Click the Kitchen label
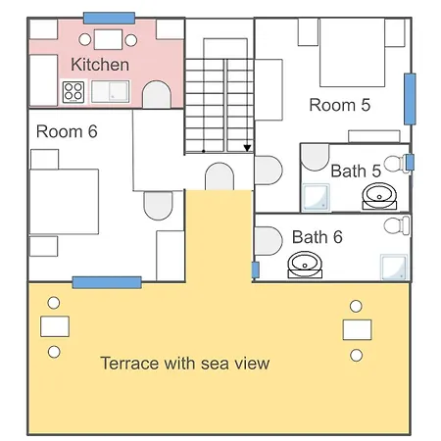point(100,65)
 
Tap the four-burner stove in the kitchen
point(73,92)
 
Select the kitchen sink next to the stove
point(111,91)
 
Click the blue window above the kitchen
point(109,18)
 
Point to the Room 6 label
point(67,131)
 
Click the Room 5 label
point(340,105)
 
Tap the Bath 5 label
point(356,171)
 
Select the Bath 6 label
point(318,237)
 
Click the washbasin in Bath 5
point(379,196)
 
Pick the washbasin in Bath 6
point(305,265)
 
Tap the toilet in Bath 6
point(397,225)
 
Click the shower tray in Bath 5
point(316,197)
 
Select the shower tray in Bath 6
point(394,268)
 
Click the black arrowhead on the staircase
point(247,148)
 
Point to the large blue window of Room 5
point(410,99)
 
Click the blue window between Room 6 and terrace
point(107,282)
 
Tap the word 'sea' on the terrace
point(215,364)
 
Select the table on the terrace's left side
point(55,326)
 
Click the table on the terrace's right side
point(357,329)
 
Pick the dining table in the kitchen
point(108,39)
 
